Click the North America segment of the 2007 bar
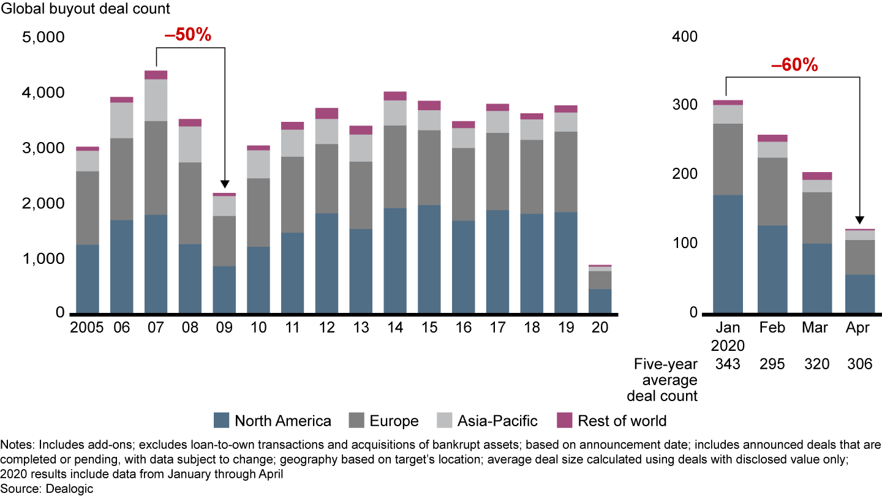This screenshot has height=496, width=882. (x=156, y=263)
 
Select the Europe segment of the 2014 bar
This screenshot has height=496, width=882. (x=396, y=167)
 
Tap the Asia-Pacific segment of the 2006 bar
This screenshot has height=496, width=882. (x=121, y=120)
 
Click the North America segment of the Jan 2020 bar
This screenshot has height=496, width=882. (x=728, y=254)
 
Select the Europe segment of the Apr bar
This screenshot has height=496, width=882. (x=859, y=257)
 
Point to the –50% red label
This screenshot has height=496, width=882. (x=187, y=36)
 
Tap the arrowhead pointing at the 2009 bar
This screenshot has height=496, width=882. (x=225, y=184)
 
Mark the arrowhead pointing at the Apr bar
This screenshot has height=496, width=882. (x=859, y=220)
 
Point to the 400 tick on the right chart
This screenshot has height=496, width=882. (x=685, y=37)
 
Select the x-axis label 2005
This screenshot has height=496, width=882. (x=87, y=328)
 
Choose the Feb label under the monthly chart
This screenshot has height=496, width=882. (x=772, y=328)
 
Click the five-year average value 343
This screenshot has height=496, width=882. (x=728, y=364)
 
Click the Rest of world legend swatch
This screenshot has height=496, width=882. (x=565, y=420)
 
